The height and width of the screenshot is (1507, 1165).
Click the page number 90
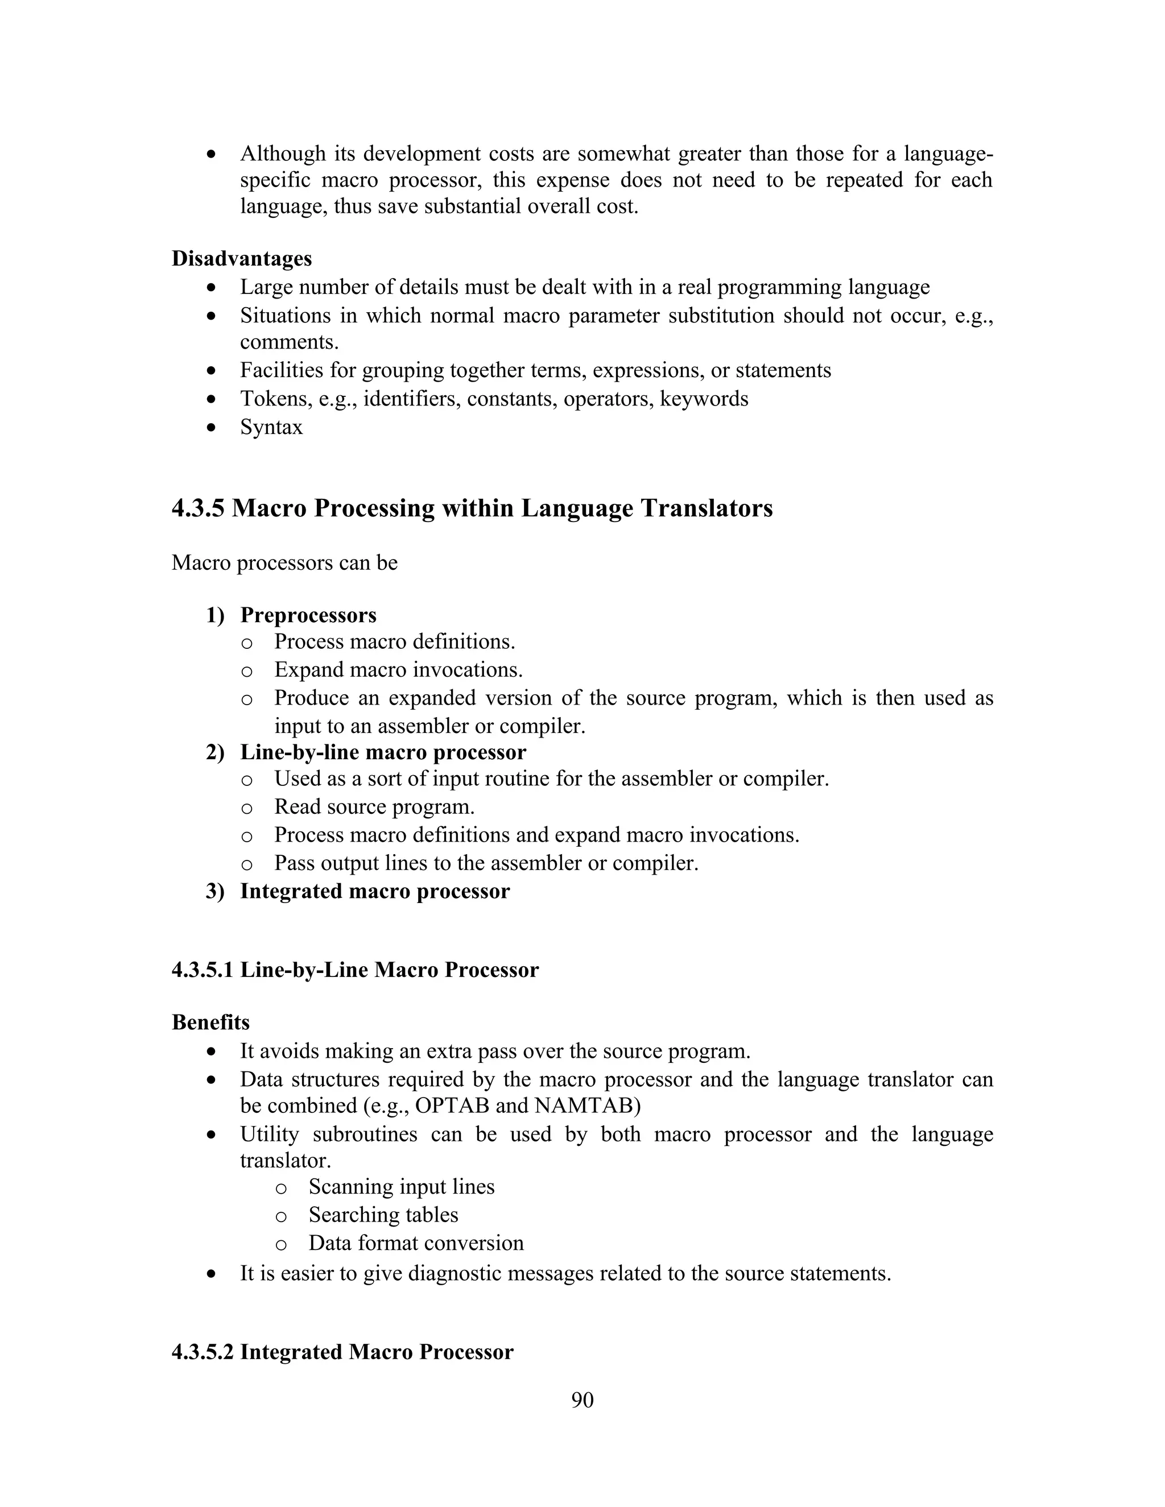click(x=582, y=1400)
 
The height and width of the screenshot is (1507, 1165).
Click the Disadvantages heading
click(x=242, y=259)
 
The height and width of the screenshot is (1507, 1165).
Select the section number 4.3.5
click(x=198, y=508)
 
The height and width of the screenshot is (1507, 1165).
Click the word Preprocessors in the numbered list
click(x=308, y=615)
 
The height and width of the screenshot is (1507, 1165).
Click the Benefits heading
click(x=210, y=1022)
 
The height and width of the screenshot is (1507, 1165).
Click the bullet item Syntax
click(x=271, y=427)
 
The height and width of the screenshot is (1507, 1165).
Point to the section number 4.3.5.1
click(x=203, y=970)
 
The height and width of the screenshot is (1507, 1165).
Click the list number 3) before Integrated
click(x=214, y=892)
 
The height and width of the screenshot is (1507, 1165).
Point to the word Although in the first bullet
click(x=283, y=153)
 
